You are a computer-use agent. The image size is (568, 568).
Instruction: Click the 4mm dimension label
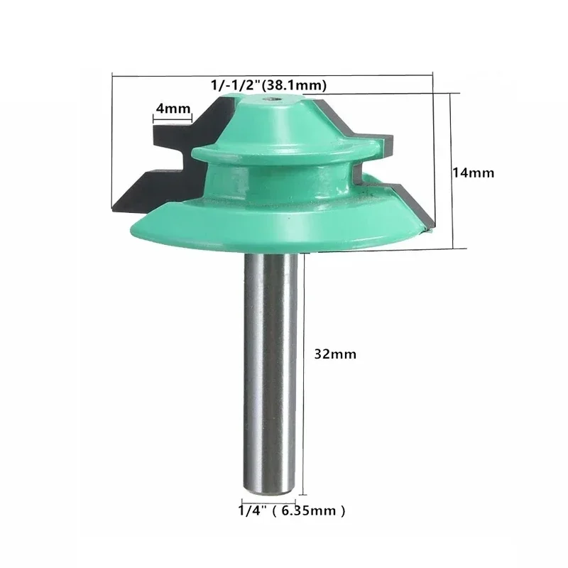173,109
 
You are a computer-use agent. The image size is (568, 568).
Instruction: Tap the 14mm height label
474,173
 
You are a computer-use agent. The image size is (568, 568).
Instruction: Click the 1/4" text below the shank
251,510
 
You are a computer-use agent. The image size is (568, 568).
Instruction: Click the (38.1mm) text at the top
294,85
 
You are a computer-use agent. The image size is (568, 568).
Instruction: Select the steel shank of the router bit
270,369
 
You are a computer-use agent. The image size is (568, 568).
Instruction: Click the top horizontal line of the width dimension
273,74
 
